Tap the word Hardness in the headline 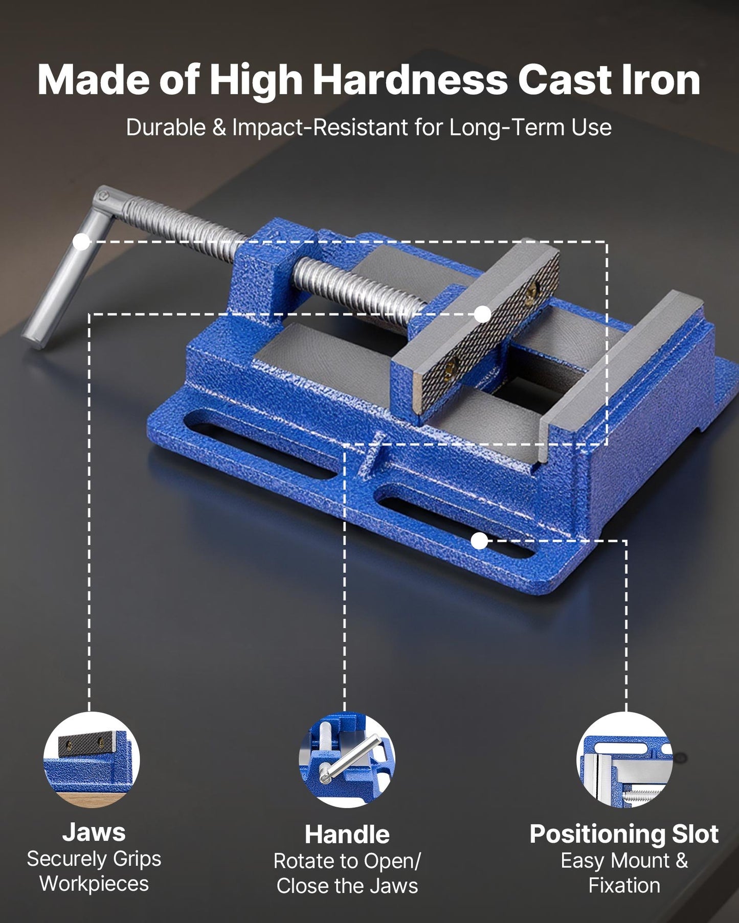(x=410, y=80)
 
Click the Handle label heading (x=347, y=835)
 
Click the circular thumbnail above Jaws (x=92, y=759)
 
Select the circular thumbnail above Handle (x=347, y=760)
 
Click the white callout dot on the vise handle (x=81, y=242)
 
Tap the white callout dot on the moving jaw (x=482, y=314)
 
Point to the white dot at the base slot (x=479, y=541)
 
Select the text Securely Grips (x=94, y=859)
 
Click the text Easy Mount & (x=624, y=861)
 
